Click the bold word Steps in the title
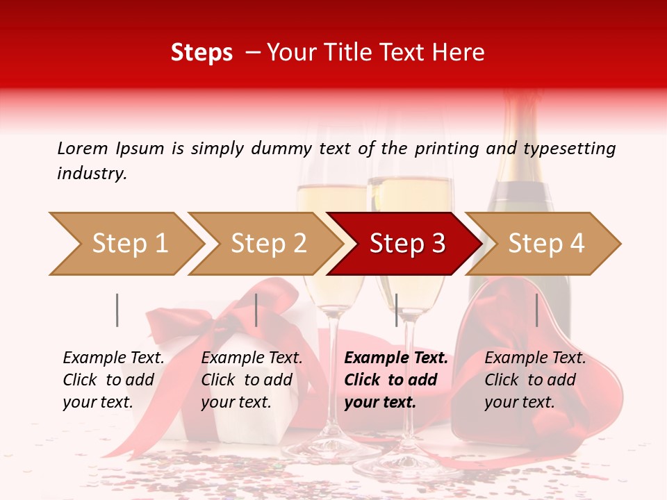[x=201, y=52]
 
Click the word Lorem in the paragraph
[x=82, y=148]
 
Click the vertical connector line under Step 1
[x=117, y=310]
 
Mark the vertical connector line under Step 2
[x=256, y=310]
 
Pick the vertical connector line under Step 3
[x=396, y=310]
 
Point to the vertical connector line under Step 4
[x=536, y=310]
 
